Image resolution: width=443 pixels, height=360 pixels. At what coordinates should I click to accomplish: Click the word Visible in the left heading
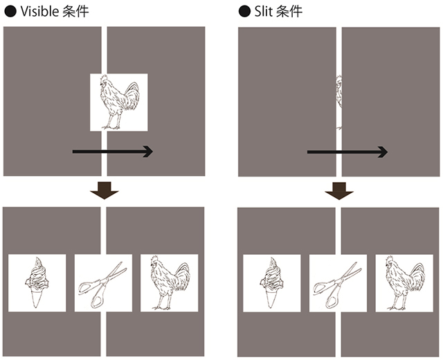pos(39,11)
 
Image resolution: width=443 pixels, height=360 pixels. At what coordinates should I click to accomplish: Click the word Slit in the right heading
pos(263,11)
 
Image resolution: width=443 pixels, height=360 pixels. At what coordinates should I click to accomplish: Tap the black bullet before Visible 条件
pos(10,12)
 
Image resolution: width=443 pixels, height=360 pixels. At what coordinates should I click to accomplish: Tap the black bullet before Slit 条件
pos(244,12)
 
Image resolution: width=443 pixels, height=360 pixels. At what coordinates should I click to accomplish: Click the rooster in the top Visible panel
pos(119,102)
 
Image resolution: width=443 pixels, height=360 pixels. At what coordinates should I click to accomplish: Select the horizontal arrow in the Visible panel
pos(112,152)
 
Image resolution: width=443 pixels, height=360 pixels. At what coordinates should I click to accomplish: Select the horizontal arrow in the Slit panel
pos(347,152)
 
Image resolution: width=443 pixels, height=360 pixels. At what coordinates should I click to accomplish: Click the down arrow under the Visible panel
pos(105,190)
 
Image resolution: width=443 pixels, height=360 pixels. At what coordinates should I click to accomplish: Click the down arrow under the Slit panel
pos(339,191)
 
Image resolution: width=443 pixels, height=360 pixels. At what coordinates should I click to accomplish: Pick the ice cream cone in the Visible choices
pos(37,282)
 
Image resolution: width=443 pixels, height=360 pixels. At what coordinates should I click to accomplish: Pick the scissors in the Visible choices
pos(102,284)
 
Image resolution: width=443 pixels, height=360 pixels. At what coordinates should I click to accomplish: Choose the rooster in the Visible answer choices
pos(170,282)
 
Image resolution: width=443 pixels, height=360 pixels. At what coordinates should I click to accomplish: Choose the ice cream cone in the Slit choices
pos(271,282)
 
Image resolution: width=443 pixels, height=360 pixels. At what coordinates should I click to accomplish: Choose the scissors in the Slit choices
pos(337,285)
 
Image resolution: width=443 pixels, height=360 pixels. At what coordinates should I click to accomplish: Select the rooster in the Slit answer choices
pos(404,283)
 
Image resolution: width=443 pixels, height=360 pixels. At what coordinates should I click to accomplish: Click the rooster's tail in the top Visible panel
pos(132,96)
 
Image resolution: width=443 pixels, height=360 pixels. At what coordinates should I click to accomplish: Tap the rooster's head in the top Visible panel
pos(104,80)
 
